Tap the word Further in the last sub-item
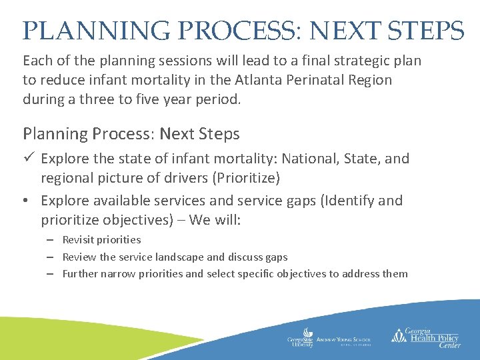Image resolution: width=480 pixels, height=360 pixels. [80, 274]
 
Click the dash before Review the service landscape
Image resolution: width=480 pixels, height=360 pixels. [50, 257]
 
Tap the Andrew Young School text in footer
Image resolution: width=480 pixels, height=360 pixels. [344, 340]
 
